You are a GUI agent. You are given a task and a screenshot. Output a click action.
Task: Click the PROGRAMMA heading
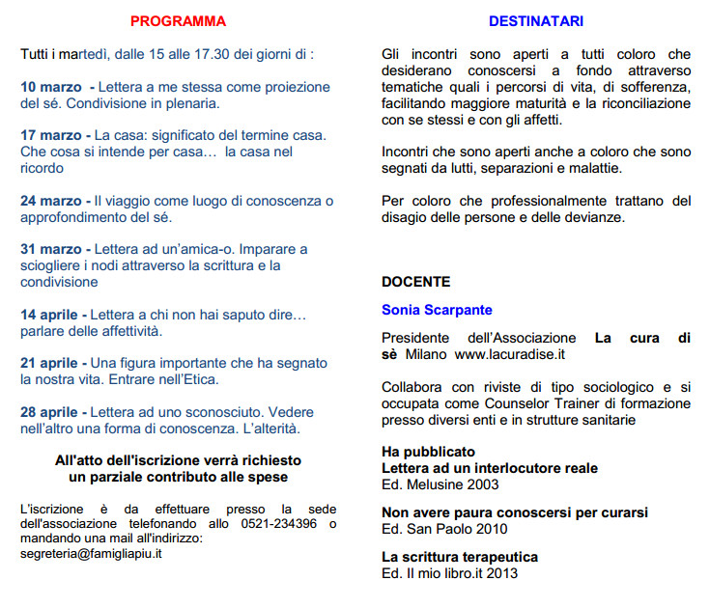tap(178, 21)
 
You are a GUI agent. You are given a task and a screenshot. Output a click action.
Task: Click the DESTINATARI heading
tap(535, 21)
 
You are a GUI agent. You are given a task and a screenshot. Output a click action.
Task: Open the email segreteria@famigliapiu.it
tap(91, 554)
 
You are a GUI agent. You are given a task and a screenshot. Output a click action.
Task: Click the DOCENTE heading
tap(415, 283)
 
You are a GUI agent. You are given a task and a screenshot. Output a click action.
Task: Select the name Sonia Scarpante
tap(437, 310)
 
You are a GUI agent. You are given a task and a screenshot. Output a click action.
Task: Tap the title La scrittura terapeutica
tap(460, 558)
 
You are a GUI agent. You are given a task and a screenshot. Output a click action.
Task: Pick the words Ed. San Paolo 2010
tap(444, 529)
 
